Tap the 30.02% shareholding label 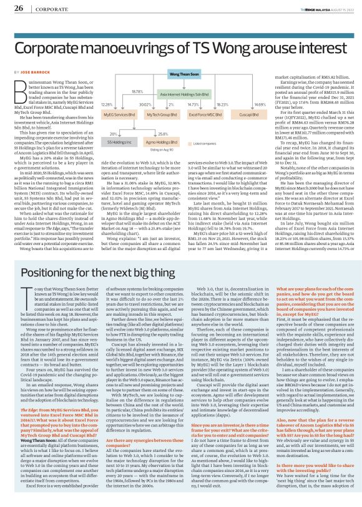(x=145, y=104)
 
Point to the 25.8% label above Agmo (x=164, y=134)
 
